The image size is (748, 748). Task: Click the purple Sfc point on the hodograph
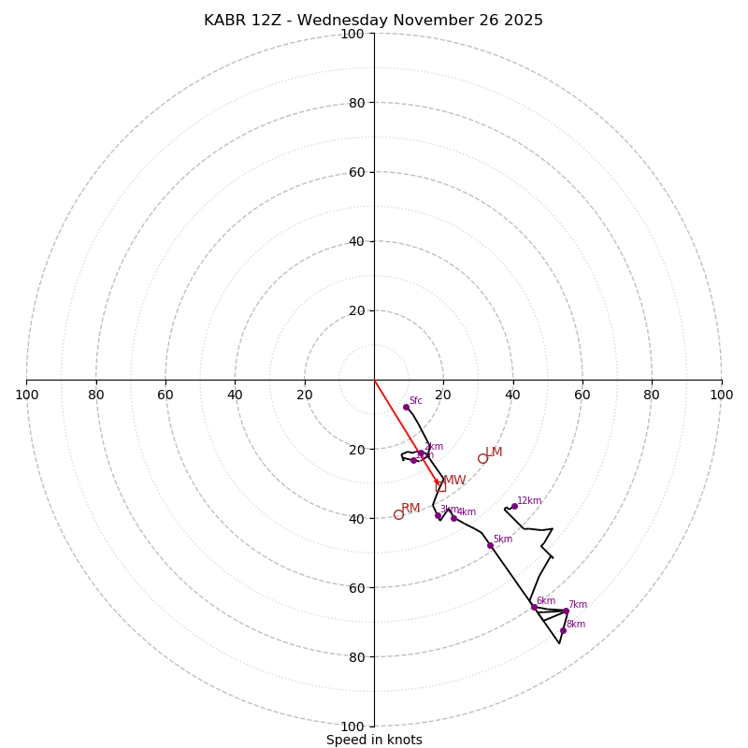tap(406, 407)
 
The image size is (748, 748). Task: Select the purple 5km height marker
tap(490, 545)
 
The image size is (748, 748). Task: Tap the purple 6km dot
tap(534, 607)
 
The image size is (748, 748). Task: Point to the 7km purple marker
tap(566, 611)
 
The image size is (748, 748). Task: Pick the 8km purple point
tap(563, 630)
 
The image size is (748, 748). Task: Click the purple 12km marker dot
tap(514, 506)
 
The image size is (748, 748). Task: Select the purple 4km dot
tap(454, 518)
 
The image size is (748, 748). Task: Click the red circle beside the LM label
tap(482, 458)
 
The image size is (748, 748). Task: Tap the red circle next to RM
tap(398, 514)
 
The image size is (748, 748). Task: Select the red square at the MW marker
tap(440, 486)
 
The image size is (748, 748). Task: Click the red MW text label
tap(454, 480)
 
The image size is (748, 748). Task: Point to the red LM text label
tap(494, 453)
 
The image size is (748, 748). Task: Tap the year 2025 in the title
tap(524, 21)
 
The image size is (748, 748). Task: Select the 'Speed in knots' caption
tap(374, 740)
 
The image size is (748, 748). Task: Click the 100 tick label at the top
tap(352, 34)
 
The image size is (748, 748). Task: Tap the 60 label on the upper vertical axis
tap(356, 172)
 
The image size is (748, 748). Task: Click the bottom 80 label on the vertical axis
tap(356, 657)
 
